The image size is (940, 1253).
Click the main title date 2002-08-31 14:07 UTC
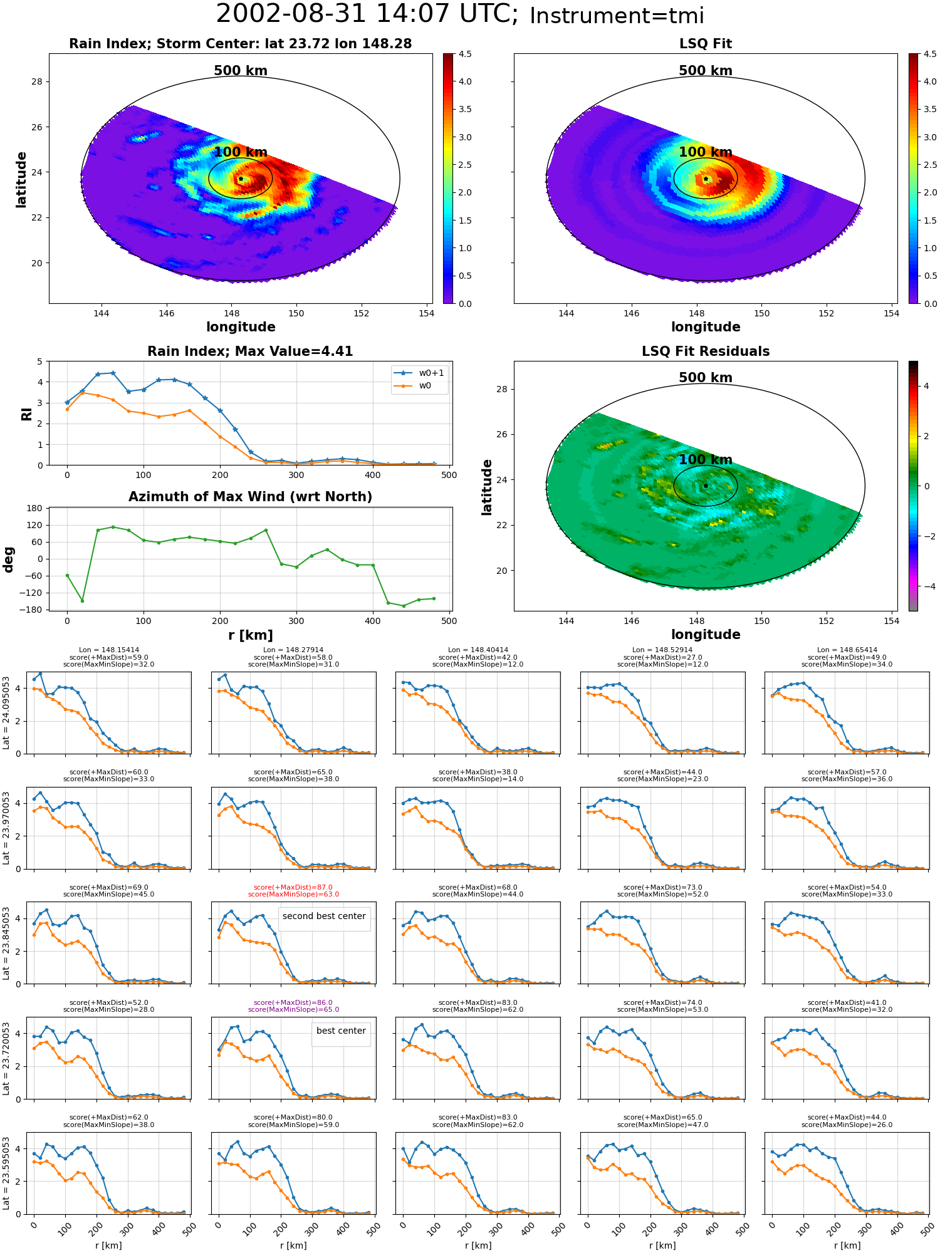pos(367,14)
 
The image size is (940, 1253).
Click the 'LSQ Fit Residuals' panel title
pos(706,351)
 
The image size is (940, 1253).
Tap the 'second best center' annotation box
pos(324,916)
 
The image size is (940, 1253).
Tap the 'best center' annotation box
pos(341,1031)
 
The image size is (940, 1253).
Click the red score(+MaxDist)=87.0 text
pos(293,887)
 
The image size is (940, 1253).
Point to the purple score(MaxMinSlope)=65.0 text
pos(293,1009)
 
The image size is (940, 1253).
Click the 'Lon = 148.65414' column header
pos(847,650)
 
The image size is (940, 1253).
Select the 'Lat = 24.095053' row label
pos(6,712)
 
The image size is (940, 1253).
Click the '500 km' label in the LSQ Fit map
pos(706,71)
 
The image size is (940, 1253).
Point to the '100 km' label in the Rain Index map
pos(241,152)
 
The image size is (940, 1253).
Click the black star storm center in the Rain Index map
pos(241,179)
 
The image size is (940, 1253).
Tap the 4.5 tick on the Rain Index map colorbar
pos(465,55)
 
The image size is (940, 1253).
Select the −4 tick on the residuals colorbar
pos(926,586)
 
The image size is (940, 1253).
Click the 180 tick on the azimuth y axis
pos(35,508)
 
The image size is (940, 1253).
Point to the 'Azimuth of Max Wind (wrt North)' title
pos(251,497)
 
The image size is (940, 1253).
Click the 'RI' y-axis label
pos(26,413)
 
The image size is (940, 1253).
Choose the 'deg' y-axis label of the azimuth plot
pos(9,559)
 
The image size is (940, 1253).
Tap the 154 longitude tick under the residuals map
pos(891,621)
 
